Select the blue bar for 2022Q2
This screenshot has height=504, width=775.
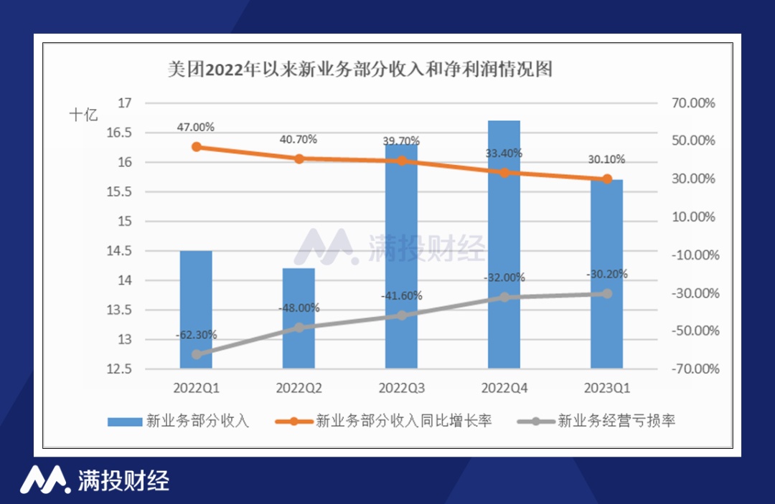tap(299, 318)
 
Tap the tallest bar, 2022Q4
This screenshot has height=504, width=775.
tap(504, 244)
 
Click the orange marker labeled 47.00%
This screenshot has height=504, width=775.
tap(196, 147)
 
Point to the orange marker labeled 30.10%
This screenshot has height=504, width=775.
tap(607, 179)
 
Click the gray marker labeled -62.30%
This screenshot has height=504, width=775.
tap(196, 354)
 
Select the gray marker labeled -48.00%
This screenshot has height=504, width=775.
tap(299, 328)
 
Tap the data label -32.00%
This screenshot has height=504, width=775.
tap(504, 277)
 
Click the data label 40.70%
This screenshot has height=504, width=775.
tap(299, 139)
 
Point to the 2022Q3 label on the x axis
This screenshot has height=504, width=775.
tap(401, 389)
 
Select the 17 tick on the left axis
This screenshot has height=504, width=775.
tap(125, 103)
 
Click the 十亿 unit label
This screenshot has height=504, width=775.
tap(83, 115)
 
